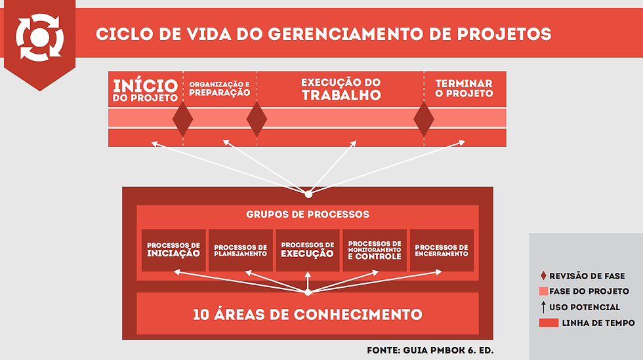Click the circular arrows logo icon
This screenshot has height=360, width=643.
coord(39,36)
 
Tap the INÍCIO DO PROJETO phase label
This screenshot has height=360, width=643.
coord(146,90)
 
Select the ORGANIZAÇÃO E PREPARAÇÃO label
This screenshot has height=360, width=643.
coord(219,89)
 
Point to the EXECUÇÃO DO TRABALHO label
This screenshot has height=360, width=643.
coord(341,89)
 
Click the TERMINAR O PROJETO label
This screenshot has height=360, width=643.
coord(464,89)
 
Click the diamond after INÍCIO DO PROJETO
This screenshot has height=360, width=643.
coord(182,119)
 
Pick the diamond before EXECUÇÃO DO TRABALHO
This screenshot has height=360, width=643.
coord(257,119)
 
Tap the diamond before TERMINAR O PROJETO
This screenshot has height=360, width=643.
coord(424,119)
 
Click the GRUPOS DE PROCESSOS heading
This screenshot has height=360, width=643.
coord(308,214)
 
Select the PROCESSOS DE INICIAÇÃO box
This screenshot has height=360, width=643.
coord(174,250)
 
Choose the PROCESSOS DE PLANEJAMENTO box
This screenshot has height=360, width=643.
coord(241,250)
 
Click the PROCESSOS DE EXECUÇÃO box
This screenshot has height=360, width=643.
coord(308,250)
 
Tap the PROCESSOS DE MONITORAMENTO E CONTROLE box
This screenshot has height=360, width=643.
coord(375,250)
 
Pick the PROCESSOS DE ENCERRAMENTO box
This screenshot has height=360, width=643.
coord(442,250)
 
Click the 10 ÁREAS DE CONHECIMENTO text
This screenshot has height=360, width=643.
coord(308,314)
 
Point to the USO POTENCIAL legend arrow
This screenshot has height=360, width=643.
coord(543,307)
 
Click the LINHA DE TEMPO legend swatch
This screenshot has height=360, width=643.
coord(549,323)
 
